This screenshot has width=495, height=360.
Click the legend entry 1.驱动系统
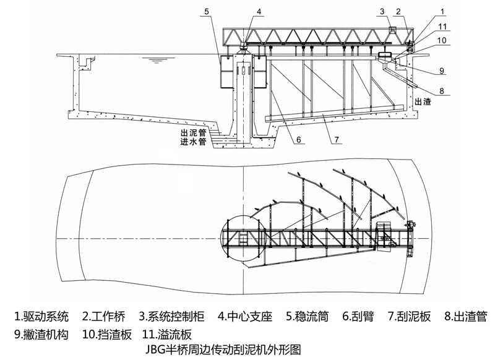[x=42, y=317]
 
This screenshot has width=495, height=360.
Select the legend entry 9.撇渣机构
[x=41, y=335]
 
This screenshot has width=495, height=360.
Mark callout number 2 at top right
[x=399, y=11]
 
